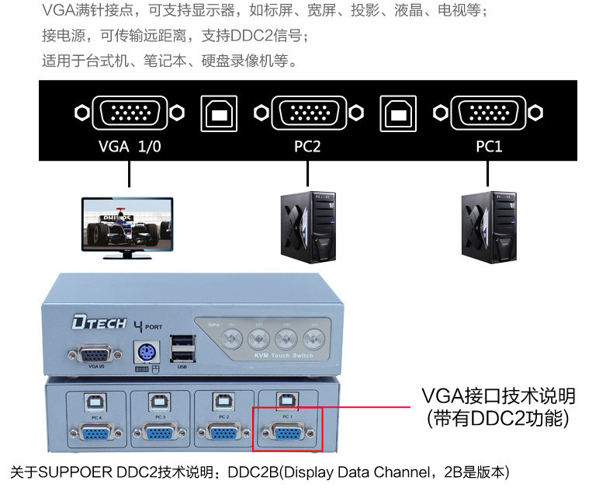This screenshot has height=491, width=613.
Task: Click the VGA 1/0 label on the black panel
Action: click(129, 145)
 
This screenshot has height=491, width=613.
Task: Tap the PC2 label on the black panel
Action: click(306, 145)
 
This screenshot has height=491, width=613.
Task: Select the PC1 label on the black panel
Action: click(488, 145)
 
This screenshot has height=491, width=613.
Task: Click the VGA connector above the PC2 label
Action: click(306, 113)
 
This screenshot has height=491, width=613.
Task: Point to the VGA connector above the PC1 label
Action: click(489, 113)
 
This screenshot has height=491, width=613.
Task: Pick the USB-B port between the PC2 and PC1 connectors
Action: click(397, 113)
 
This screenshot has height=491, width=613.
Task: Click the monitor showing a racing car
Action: click(128, 226)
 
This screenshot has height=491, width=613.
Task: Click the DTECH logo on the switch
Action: click(98, 322)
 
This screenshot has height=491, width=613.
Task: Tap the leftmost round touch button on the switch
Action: click(231, 338)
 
